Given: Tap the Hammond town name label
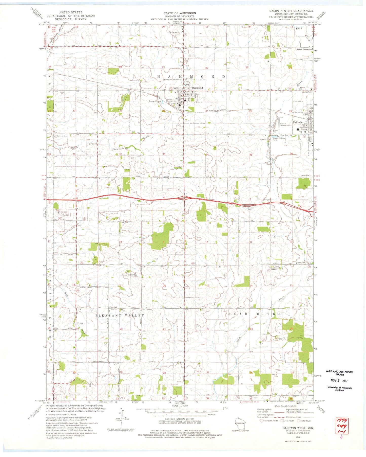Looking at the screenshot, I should (x=197, y=88).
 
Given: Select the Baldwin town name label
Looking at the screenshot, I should (x=298, y=122).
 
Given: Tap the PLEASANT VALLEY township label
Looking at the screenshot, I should (x=120, y=315).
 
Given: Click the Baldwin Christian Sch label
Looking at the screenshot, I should (x=304, y=49).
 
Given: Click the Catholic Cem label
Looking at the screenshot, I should (x=62, y=136).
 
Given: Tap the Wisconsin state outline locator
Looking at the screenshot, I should (x=240, y=423).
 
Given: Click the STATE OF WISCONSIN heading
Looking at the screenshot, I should (x=180, y=13).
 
